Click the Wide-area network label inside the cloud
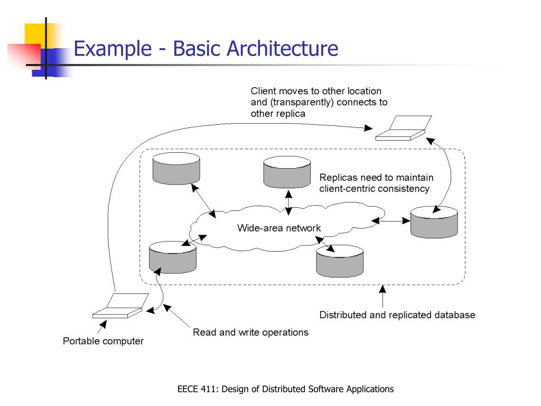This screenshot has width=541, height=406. [279, 228]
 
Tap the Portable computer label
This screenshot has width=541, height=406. [103, 341]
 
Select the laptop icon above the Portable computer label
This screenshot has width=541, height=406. [121, 306]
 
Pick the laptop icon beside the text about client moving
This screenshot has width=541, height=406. [404, 128]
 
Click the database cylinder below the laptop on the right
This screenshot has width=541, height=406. [434, 222]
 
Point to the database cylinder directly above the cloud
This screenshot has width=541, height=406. [287, 172]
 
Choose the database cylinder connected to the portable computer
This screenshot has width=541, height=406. [173, 257]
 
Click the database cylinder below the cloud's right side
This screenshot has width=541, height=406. [340, 261]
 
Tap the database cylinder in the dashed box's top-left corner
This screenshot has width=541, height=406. [176, 169]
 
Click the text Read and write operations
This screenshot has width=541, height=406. [251, 332]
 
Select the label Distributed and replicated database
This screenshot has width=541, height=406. [397, 315]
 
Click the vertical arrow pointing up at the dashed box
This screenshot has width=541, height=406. [383, 296]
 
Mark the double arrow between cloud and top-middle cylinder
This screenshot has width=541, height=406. [289, 202]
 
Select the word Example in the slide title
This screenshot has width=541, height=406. [113, 49]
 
